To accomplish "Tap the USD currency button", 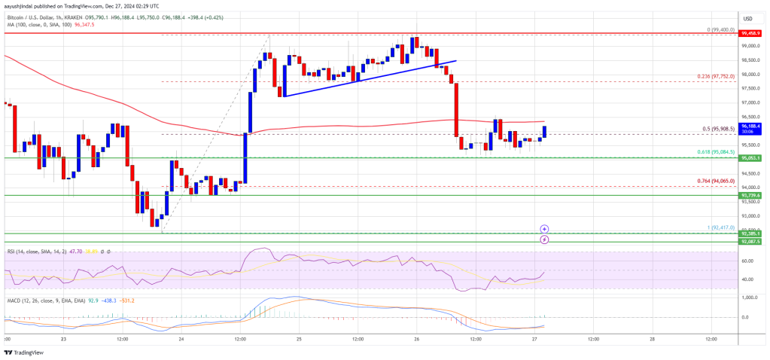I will point(747,18).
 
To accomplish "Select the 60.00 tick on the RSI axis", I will point(747,261).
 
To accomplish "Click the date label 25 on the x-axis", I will point(300,340).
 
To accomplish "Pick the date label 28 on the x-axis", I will point(651,340).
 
